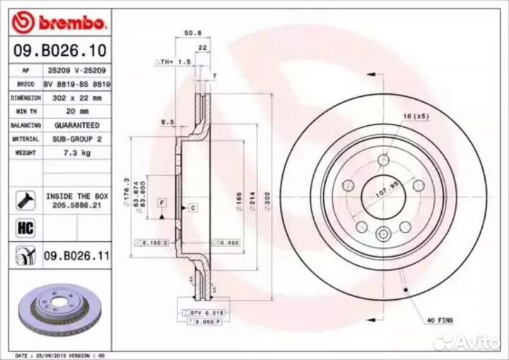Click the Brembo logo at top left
click(x=59, y=23)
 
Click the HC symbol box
click(x=23, y=228)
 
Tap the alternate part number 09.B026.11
click(x=76, y=255)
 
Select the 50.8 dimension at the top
click(x=189, y=33)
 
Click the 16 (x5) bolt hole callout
click(x=416, y=115)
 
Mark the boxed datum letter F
click(x=162, y=203)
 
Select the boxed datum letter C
click(x=192, y=207)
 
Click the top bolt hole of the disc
click(x=382, y=159)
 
